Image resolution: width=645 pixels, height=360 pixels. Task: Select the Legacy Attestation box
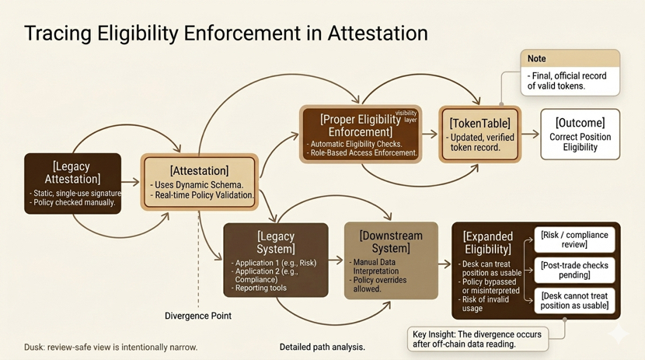(x=72, y=183)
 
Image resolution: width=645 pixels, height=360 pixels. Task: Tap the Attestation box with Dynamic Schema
(x=199, y=182)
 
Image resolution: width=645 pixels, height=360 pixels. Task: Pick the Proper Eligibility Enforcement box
(x=360, y=134)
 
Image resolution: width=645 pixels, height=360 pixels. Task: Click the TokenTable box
(x=479, y=134)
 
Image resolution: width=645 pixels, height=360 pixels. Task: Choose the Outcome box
(x=580, y=134)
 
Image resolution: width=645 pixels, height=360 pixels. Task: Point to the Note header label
(x=537, y=58)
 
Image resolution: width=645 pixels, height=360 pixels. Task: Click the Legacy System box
(x=275, y=260)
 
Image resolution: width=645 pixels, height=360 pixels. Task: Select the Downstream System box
(x=390, y=260)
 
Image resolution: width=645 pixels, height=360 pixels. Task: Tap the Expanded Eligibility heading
(x=486, y=243)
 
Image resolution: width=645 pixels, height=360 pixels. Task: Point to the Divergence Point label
(x=198, y=316)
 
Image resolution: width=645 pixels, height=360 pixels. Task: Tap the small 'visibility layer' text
(x=406, y=117)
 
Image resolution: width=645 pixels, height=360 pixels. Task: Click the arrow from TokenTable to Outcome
(x=530, y=134)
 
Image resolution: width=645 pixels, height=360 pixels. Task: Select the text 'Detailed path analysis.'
(x=322, y=347)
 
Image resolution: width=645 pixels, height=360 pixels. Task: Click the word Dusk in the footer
(x=34, y=347)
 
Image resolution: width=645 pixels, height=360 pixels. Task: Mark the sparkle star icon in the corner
(x=619, y=334)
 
